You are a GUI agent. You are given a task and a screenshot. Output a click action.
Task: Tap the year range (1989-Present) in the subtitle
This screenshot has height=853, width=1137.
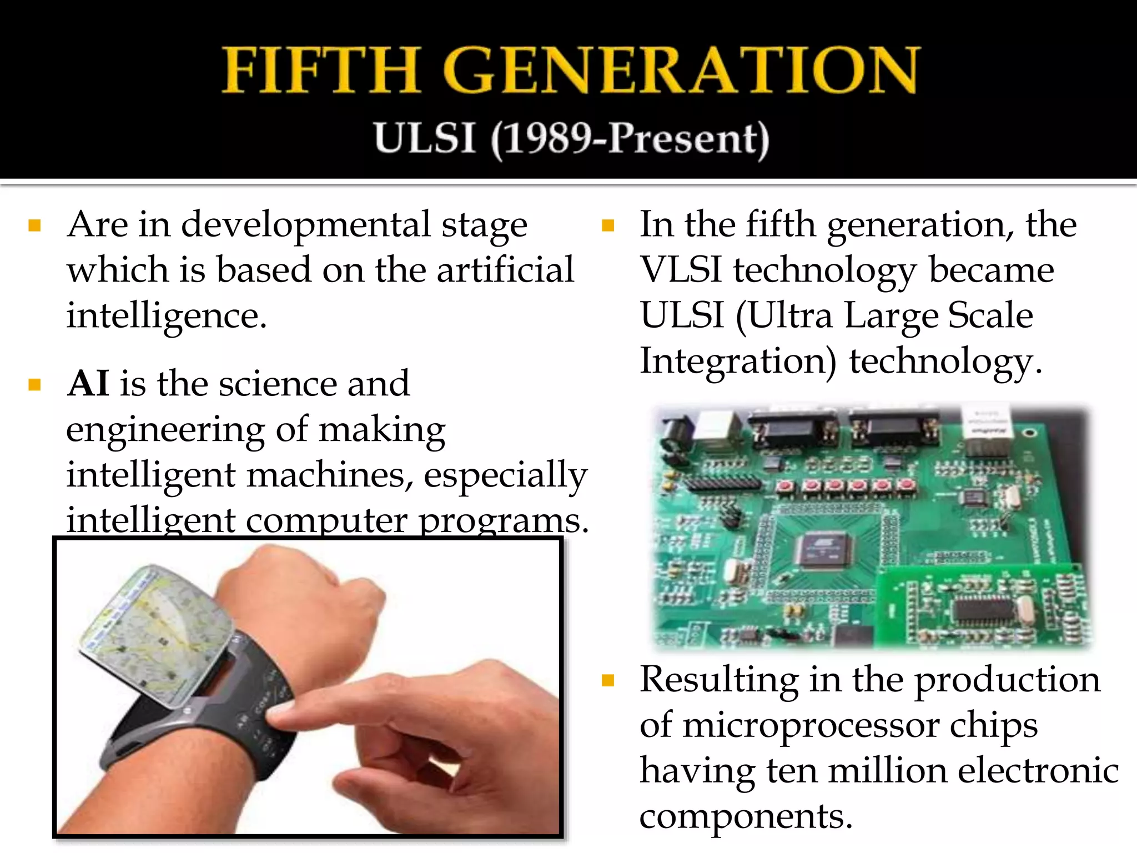630,139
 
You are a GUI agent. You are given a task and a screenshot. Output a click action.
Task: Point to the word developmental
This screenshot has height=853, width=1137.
306,225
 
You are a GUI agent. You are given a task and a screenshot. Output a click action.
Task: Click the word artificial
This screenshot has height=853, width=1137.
505,270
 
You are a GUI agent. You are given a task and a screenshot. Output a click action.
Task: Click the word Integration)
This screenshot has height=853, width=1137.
738,362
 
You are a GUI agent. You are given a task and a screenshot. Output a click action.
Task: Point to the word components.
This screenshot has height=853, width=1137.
745,816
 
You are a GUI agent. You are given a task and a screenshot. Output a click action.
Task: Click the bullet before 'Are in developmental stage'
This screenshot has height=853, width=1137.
35,225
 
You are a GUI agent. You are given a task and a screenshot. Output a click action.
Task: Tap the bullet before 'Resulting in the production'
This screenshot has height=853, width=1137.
608,680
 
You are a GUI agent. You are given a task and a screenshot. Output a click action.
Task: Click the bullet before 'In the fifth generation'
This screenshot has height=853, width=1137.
608,225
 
